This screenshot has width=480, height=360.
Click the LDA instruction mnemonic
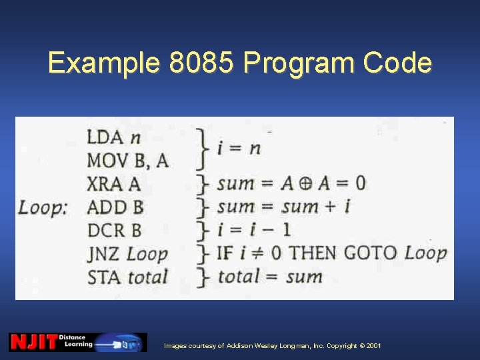[105, 138]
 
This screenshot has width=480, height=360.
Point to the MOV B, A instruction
[127, 161]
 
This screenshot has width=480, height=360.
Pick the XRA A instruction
[113, 184]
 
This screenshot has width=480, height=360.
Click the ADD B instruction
[115, 207]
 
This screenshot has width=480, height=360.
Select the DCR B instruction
[114, 230]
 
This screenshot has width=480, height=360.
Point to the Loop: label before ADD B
[43, 207]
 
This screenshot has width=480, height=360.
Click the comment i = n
[239, 147]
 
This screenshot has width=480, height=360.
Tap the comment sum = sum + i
[283, 207]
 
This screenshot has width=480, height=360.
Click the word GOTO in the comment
[370, 253]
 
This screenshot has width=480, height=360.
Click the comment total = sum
[270, 276]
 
